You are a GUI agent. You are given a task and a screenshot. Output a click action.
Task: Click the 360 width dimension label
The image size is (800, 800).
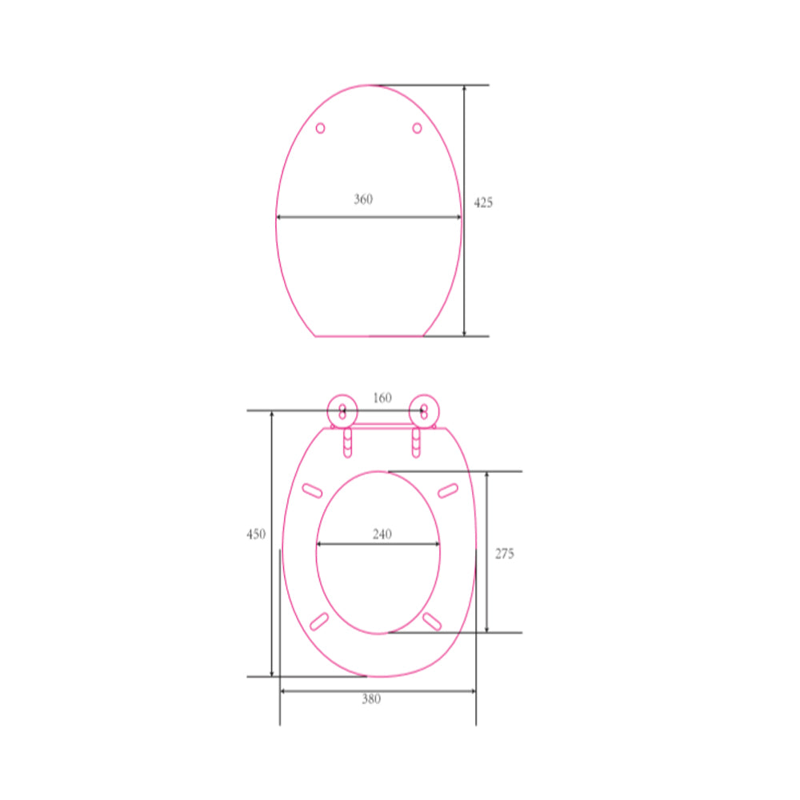pos(363,200)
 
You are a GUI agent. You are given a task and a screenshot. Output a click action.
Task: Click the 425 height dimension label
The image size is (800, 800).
pos(483,203)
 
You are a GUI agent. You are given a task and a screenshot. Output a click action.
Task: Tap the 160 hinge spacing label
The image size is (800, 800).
pos(382,398)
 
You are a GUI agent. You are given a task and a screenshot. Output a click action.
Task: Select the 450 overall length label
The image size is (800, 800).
pos(256,534)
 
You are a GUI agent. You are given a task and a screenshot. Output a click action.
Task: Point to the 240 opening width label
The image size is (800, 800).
pos(382,534)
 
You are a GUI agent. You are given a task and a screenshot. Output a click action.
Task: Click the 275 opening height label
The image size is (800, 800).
pos(504,554)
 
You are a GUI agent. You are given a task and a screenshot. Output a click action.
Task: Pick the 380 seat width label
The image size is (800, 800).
pos(371,699)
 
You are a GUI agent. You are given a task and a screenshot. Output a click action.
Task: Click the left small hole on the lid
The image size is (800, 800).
pos(321,128)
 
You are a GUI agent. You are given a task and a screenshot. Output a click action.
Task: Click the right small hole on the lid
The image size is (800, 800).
pos(417,128)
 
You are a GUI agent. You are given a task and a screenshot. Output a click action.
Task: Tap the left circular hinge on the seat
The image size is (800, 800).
pos(343,411)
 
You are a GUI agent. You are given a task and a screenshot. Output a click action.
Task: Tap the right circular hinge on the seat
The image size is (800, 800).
pos(423,411)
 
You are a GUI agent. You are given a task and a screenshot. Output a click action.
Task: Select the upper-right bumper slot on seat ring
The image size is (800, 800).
pos(448,490)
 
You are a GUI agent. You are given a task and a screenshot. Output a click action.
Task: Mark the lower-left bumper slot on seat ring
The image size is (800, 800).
pos(318,621)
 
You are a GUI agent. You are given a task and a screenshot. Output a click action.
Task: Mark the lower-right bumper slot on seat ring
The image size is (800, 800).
pos(432,621)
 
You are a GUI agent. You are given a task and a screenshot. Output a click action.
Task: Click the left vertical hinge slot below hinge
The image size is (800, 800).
pos(347,443)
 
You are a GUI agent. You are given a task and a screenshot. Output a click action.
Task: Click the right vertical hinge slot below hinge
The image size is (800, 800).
pos(416,443)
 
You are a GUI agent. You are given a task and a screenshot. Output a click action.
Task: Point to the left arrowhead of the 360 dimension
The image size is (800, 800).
pos(279,217)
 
